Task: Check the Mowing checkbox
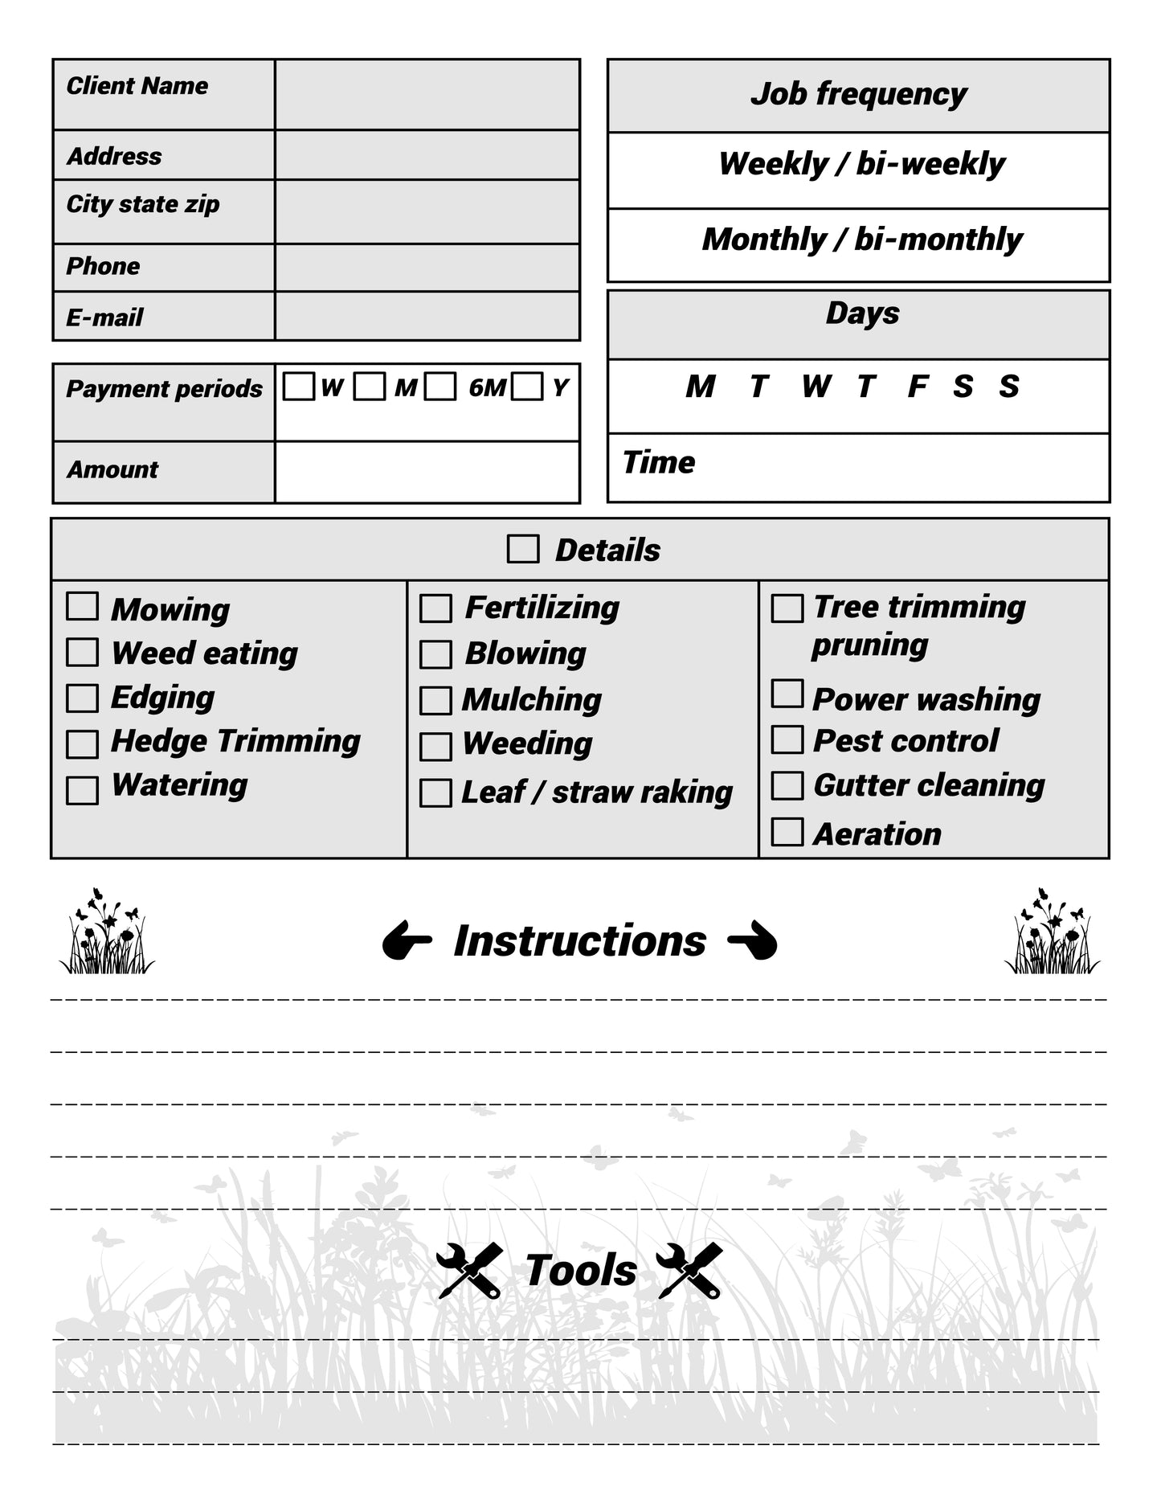coord(82,607)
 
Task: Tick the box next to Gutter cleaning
coord(787,785)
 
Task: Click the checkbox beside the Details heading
coord(523,550)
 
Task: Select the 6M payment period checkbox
coord(440,387)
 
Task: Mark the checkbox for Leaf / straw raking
coord(435,793)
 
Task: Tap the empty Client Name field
coord(427,94)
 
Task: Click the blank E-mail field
coord(427,316)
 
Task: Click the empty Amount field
coord(427,472)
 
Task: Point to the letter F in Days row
coord(917,387)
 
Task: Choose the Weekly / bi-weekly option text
coord(861,164)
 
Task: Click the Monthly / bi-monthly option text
coord(861,240)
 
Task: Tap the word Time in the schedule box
coord(659,463)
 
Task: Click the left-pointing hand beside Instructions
coord(407,941)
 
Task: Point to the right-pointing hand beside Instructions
coord(753,941)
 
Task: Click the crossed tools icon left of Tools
coord(470,1271)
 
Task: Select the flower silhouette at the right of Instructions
coord(1052,932)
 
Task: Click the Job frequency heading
coord(858,94)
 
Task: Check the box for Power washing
coord(787,694)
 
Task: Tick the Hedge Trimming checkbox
coord(82,744)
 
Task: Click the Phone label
coord(103,266)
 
